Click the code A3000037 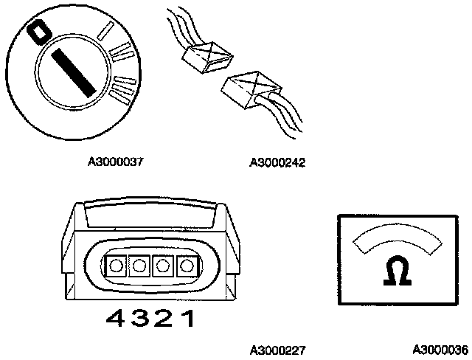[x=115, y=162]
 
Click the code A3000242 [x=277, y=162]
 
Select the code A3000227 [x=277, y=349]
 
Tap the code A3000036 [x=440, y=349]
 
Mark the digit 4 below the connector [x=116, y=319]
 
